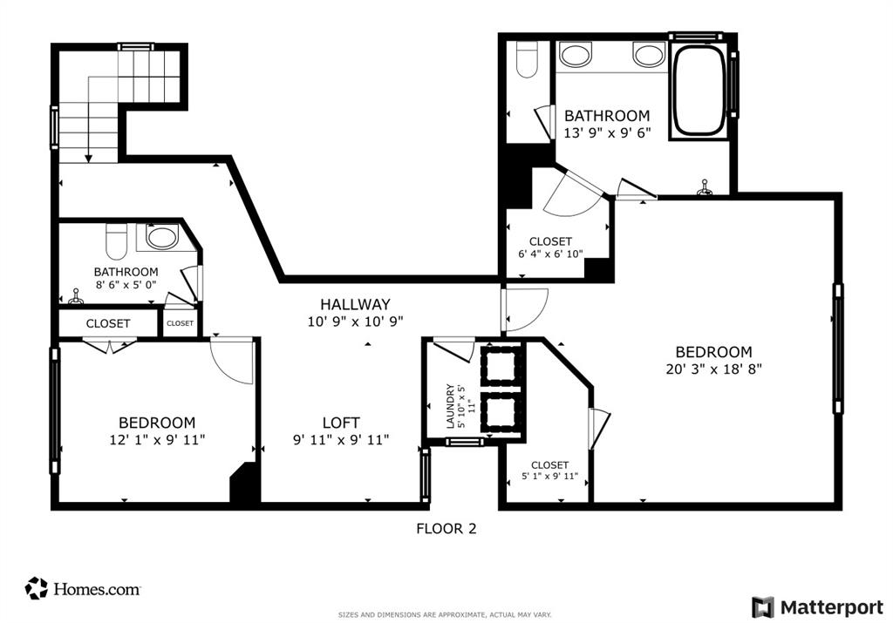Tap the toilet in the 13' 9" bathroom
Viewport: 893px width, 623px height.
pos(526,60)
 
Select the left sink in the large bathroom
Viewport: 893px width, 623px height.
pos(575,56)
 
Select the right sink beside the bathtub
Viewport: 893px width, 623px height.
pos(648,56)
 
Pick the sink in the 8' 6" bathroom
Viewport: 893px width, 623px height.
pos(161,237)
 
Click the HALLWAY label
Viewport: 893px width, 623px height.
pos(354,304)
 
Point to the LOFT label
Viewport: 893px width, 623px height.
pos(340,423)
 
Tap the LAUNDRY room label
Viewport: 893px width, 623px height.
pos(451,406)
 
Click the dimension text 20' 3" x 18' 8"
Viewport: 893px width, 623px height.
pos(713,369)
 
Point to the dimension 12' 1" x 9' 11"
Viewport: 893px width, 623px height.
pos(157,440)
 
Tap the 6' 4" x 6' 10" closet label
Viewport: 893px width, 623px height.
pos(549,254)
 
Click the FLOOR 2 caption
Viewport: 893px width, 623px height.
pos(446,528)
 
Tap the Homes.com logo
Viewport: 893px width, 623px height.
pos(84,589)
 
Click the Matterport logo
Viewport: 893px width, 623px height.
pos(816,606)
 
